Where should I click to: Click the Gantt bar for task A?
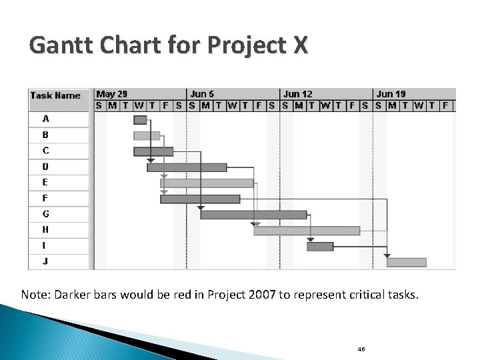[140, 120]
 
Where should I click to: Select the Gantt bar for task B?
[147, 135]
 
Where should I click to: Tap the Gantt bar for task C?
[153, 151]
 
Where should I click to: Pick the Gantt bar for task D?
[187, 167]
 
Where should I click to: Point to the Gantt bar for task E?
[207, 183]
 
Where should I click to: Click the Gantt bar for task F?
[200, 199]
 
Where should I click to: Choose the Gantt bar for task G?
[253, 215]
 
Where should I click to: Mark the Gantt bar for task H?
[307, 231]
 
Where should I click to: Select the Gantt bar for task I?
[320, 247]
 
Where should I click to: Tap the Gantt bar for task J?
[407, 262]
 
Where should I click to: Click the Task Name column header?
[55, 95]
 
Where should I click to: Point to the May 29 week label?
[112, 94]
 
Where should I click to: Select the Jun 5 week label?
[202, 94]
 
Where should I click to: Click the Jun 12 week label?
[297, 94]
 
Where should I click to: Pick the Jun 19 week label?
[391, 94]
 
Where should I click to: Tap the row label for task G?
[45, 214]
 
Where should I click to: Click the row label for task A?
[45, 119]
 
